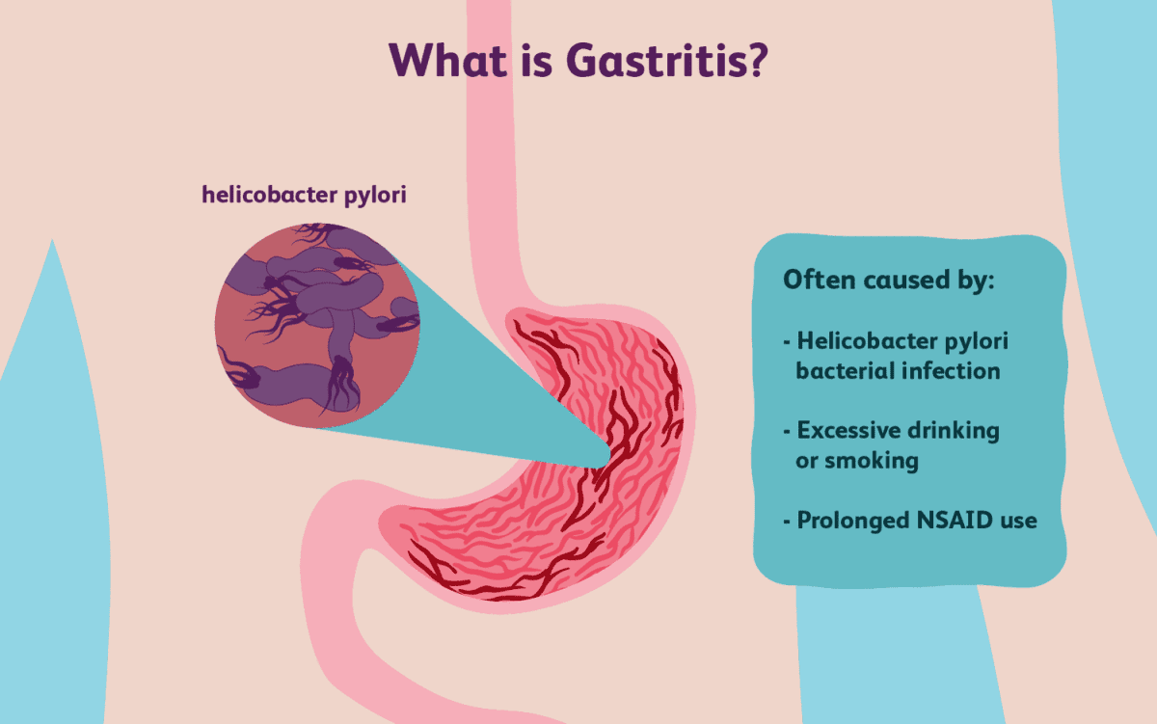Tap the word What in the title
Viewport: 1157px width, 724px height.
tap(448, 61)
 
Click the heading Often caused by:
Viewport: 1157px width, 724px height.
tap(888, 281)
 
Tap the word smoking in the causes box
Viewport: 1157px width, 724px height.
tap(872, 461)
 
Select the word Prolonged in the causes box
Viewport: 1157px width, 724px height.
tap(853, 521)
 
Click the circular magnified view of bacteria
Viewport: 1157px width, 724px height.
tap(317, 325)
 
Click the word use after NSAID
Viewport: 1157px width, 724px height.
tap(1018, 521)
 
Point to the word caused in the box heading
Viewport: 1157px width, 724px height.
tap(907, 281)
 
